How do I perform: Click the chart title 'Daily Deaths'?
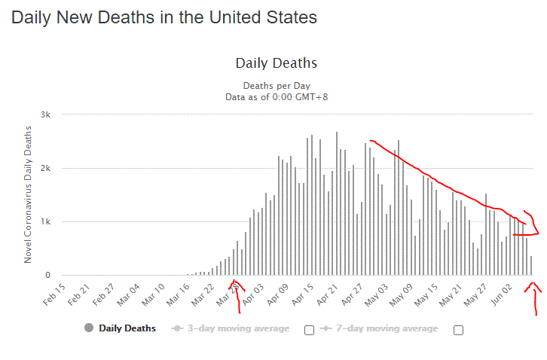click(277, 63)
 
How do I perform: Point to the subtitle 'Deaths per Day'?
click(277, 86)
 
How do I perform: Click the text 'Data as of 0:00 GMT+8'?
click(277, 96)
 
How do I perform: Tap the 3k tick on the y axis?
click(45, 114)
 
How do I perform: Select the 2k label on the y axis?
click(45, 168)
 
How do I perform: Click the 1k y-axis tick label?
click(45, 221)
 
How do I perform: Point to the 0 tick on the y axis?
click(47, 276)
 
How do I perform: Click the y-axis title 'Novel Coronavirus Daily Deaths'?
click(28, 194)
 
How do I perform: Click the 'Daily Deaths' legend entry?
click(127, 328)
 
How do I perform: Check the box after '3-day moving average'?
click(309, 330)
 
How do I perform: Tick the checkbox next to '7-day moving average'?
click(458, 330)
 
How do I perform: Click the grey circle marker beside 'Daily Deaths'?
click(89, 328)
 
